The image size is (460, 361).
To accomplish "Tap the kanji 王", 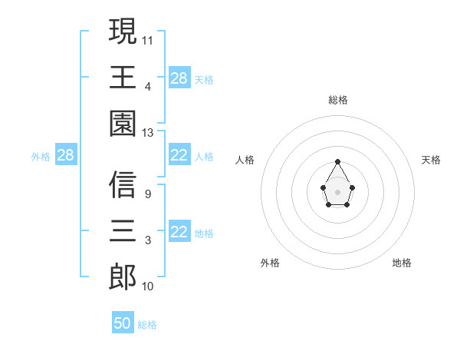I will [123, 77].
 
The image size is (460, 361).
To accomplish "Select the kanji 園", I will [123, 123].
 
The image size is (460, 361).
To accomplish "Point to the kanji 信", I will [123, 185].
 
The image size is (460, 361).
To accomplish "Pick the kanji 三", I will [123, 230].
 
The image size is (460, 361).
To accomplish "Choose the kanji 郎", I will [123, 277].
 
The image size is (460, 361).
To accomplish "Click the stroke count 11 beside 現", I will [148, 39].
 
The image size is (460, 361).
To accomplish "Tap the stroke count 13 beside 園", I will [148, 133].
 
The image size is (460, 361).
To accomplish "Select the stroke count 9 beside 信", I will [147, 194].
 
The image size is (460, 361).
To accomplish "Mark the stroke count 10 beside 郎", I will [148, 286].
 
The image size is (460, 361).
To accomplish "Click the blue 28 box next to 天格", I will [179, 78].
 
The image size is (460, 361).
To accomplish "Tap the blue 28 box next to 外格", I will [66, 156].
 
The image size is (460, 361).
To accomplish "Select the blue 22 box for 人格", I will [179, 156].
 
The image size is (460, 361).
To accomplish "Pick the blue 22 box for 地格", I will [179, 233].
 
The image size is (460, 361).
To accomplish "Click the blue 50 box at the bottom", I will [123, 323].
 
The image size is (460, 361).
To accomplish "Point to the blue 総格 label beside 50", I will [148, 325].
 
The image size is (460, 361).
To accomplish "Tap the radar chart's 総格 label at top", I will [338, 100].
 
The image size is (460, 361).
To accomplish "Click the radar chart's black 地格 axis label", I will [402, 263].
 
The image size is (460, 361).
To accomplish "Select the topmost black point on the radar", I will [337, 161].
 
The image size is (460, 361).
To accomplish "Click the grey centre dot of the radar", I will [337, 191].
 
